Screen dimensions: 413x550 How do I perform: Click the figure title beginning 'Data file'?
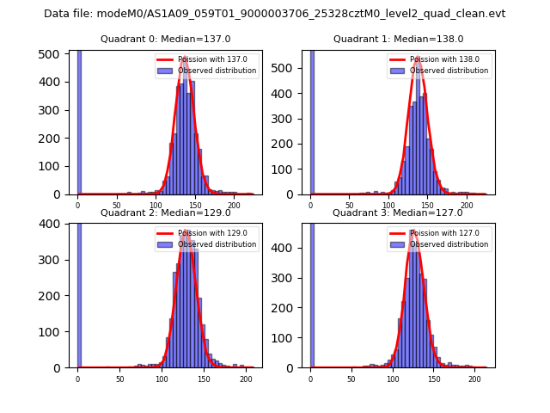coord(274,14)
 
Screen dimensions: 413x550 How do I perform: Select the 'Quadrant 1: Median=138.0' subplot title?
coord(398,39)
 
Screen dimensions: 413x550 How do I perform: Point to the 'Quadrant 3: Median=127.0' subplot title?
coord(398,213)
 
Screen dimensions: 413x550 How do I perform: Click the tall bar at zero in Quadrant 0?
coord(79,120)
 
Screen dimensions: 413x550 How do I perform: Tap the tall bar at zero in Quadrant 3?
coord(311,293)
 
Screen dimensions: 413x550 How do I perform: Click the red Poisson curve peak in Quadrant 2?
coord(186,231)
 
